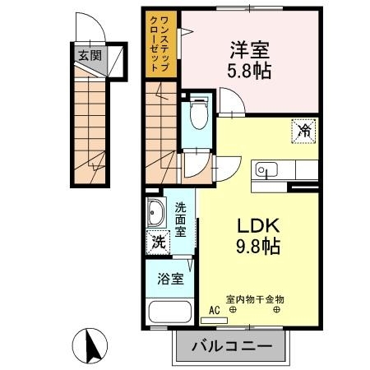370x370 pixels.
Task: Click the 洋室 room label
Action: pos(250,50)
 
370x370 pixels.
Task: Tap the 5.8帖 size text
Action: pos(249,71)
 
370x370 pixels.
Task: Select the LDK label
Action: pos(258,225)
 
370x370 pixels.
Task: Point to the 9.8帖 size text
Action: pos(258,246)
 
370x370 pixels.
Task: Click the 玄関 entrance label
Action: pos(90,56)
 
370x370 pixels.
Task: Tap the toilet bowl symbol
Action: pos(199,113)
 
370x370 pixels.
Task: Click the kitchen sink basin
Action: pos(266,170)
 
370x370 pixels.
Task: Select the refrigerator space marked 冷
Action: pos(304,131)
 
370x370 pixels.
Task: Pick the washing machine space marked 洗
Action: pos(158,243)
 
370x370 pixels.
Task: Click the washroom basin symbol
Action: pos(156,212)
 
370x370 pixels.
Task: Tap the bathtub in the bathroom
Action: pos(170,312)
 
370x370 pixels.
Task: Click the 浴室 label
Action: pos(170,279)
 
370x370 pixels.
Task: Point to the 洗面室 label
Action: pos(180,220)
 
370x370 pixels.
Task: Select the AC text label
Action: pos(215,310)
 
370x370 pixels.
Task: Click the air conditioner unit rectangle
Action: pos(214,321)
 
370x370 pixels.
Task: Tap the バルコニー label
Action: pos(232,346)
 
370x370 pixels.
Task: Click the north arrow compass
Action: pos(90,346)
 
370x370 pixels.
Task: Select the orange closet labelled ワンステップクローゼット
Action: pos(161,44)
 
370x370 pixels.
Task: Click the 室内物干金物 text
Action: pos(255,299)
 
